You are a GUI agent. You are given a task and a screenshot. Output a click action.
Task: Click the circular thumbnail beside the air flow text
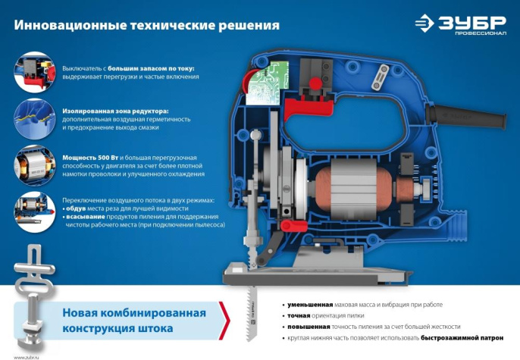(x=33, y=211)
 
